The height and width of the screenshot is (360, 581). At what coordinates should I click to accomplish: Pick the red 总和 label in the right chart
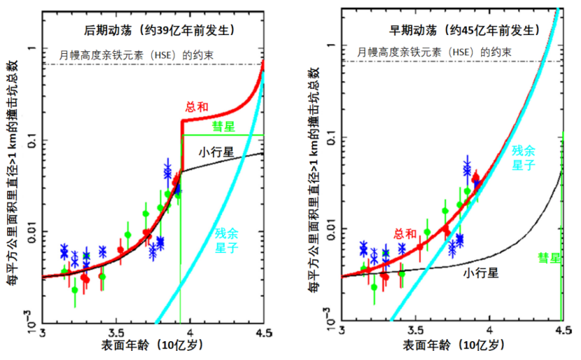405,234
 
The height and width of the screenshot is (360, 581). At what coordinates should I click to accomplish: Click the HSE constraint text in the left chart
129,54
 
